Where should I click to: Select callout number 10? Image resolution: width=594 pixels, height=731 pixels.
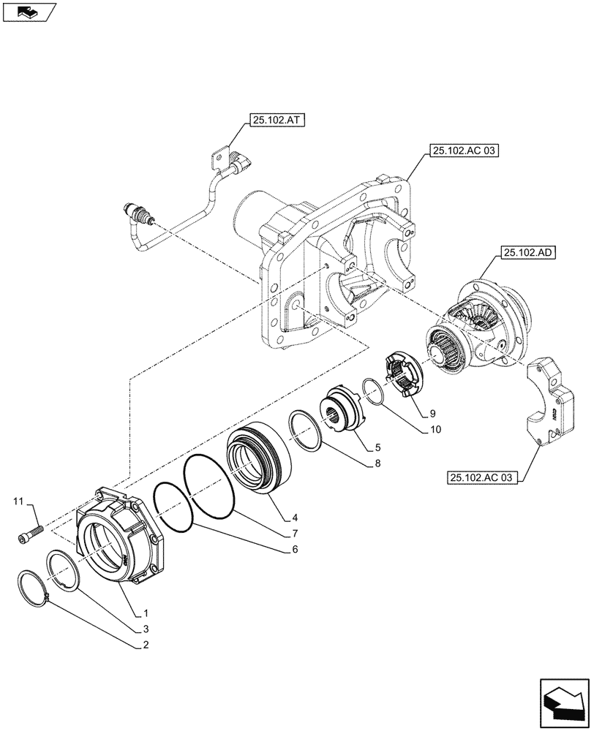[432, 431]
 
